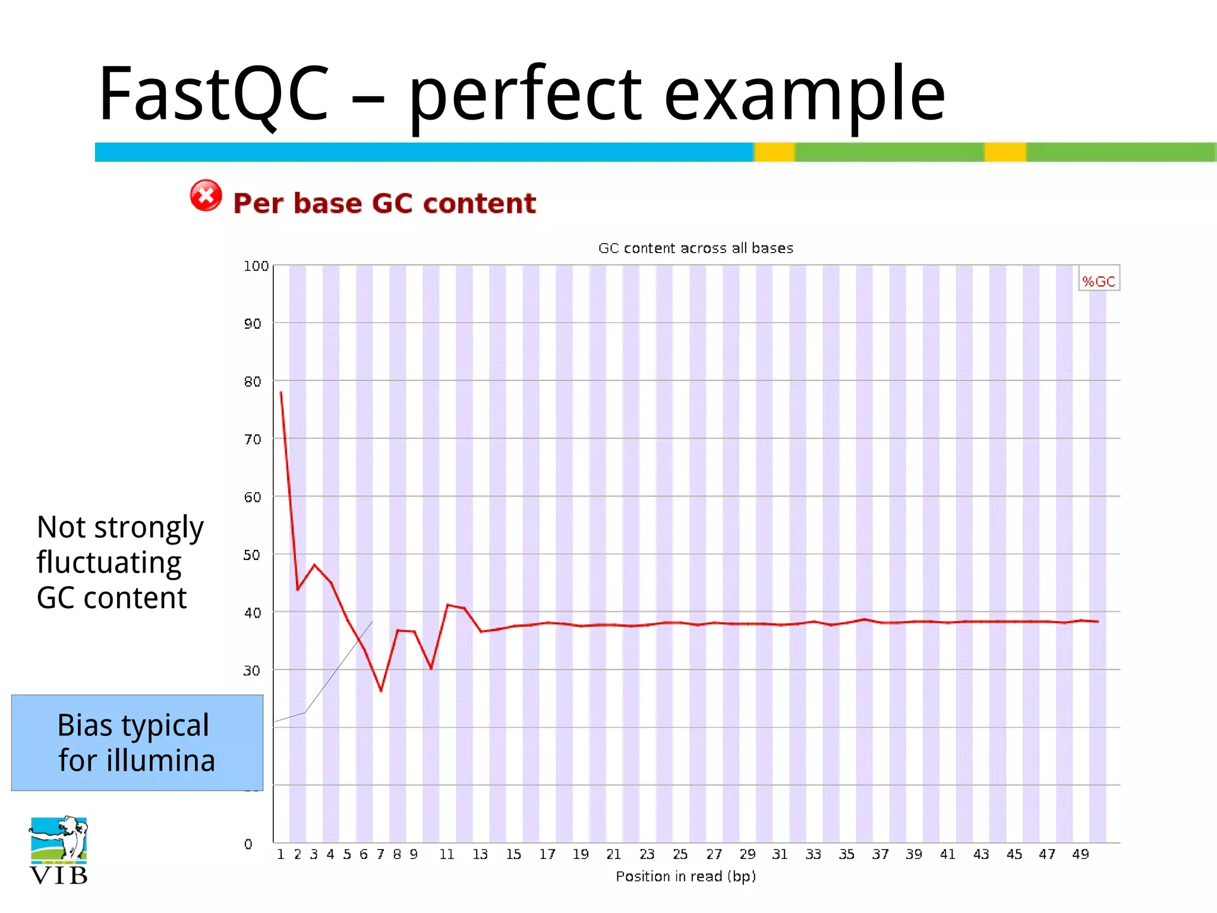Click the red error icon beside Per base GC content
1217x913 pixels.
pyautogui.click(x=206, y=196)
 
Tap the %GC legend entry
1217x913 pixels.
pyautogui.click(x=1098, y=281)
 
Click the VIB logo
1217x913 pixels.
pyautogui.click(x=58, y=851)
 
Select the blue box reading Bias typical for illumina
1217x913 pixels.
pyautogui.click(x=137, y=742)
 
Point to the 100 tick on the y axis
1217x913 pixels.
pyautogui.click(x=256, y=266)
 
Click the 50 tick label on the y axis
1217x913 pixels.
pyautogui.click(x=252, y=555)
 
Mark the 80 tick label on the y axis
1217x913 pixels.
pyautogui.click(x=252, y=382)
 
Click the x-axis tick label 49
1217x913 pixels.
pyautogui.click(x=1080, y=854)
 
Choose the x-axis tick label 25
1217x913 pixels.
pyautogui.click(x=680, y=854)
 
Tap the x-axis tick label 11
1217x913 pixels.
pyautogui.click(x=446, y=854)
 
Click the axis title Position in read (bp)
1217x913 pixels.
pyautogui.click(x=685, y=876)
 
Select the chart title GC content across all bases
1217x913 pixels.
pyautogui.click(x=695, y=248)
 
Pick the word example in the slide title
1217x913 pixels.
pyautogui.click(x=803, y=95)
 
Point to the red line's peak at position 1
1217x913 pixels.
pyautogui.click(x=281, y=392)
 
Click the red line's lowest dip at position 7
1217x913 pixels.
pyautogui.click(x=381, y=691)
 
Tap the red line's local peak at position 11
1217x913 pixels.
pyautogui.click(x=447, y=605)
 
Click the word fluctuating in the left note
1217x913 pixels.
pyautogui.click(x=109, y=562)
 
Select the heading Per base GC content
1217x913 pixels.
pyautogui.click(x=384, y=203)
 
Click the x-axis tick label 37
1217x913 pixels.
pyautogui.click(x=880, y=854)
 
